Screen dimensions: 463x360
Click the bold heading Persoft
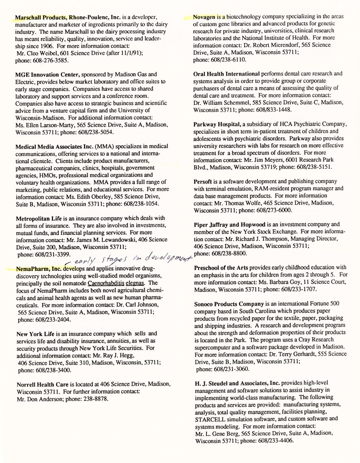203,182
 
